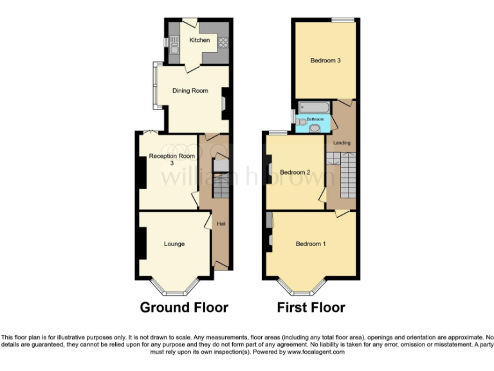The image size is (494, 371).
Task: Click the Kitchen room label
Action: pos(199,41)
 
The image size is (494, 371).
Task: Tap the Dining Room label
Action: pos(190,91)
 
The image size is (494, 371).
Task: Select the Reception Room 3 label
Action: pos(172,159)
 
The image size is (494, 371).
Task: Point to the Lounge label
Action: pos(174,244)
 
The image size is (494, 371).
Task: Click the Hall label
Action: pos(221,224)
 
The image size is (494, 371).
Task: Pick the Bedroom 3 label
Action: pos(325,61)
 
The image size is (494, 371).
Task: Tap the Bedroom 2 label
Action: pos(295,172)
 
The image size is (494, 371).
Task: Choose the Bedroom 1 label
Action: pos(311,244)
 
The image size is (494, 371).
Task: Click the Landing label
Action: pos(342,142)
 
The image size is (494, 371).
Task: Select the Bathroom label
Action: pos(315,119)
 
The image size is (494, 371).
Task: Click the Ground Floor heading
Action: pos(184,307)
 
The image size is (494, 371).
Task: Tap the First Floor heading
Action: pos(311,307)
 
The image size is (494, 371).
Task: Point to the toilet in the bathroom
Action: pos(314,128)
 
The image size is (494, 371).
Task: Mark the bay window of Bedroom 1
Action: pos(302,286)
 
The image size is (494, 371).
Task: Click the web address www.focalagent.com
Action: pos(316,352)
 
